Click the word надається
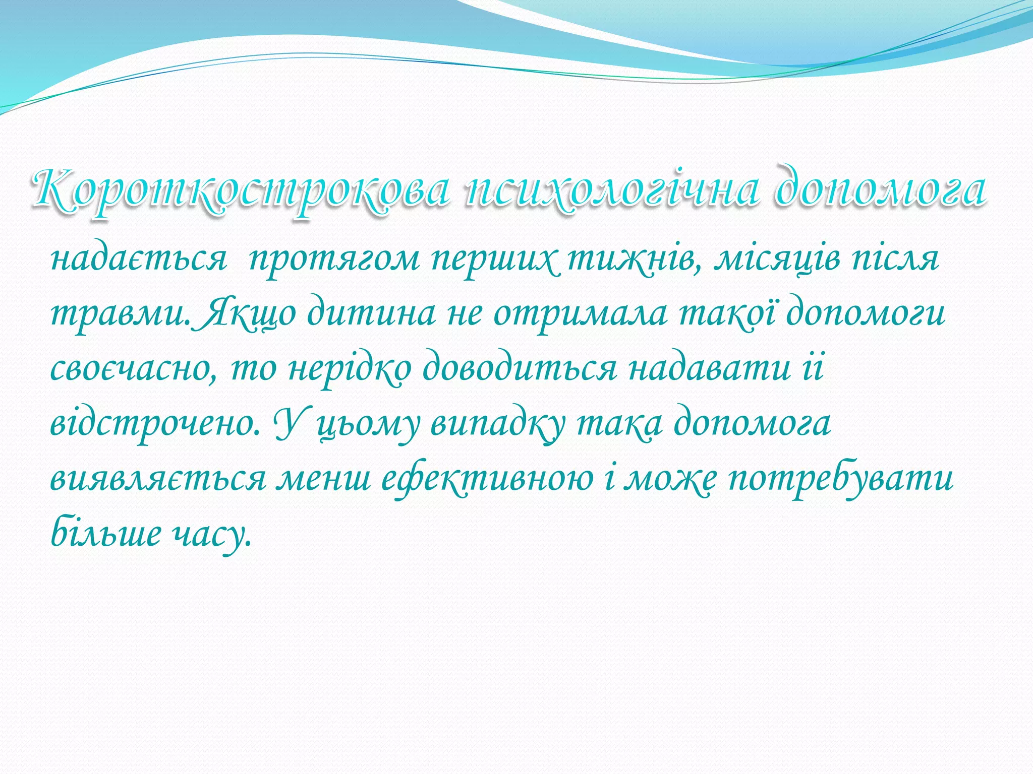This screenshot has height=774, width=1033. [x=138, y=259]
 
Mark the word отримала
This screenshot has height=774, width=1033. [x=580, y=314]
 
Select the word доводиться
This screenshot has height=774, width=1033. [x=520, y=369]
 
